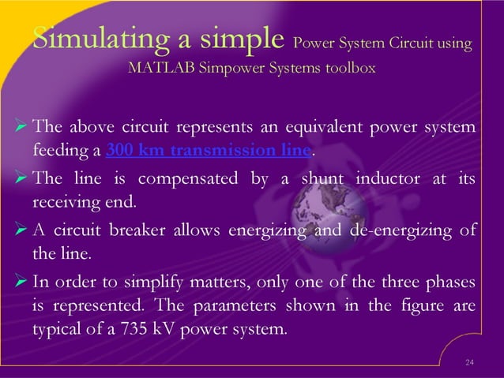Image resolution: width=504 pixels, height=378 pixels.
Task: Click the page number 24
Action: [469, 363]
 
